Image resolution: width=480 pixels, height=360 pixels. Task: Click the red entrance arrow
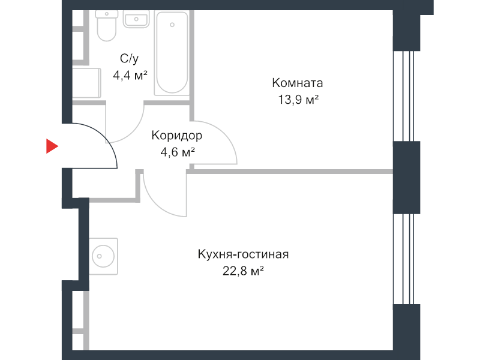point(52,146)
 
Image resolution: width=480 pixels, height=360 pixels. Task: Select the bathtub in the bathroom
point(172,53)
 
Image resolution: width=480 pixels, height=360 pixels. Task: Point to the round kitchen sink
point(103,257)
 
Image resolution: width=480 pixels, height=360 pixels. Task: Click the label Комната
point(298,83)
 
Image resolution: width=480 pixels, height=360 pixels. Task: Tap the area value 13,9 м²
point(298,100)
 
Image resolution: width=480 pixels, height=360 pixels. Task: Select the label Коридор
point(176,135)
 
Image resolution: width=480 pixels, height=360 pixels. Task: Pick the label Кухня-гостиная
point(243,254)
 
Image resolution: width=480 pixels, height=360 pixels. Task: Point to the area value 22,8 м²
point(243,272)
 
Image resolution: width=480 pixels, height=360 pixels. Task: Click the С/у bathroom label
point(130,58)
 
